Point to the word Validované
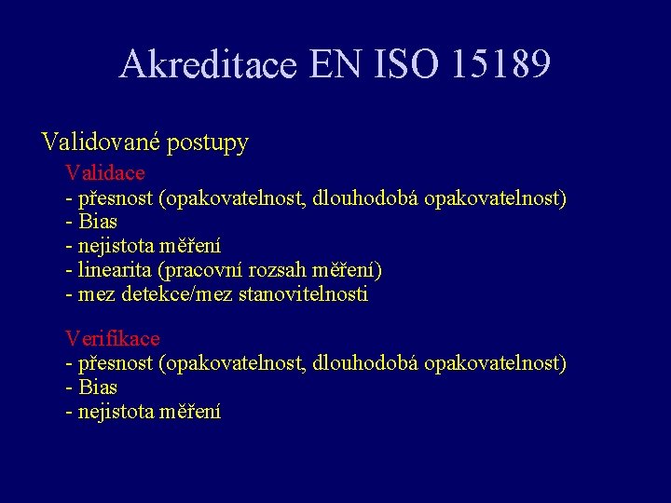tap(101, 143)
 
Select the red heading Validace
tap(104, 173)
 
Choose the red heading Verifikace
tap(112, 338)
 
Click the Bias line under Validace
tap(97, 222)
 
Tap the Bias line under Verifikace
tap(97, 387)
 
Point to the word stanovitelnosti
tap(304, 294)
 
